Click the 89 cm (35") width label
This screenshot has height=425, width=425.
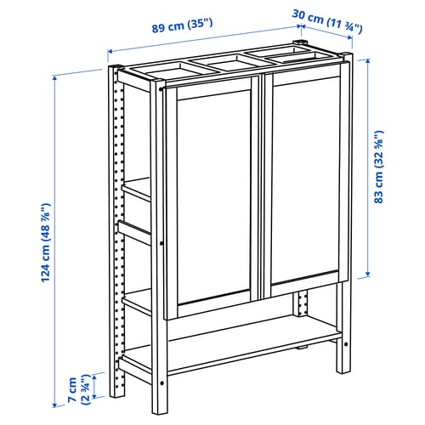[182, 25]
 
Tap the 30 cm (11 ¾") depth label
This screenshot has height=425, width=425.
[327, 21]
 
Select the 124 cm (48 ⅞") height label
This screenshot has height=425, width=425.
[45, 243]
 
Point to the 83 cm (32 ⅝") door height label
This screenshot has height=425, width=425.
[378, 167]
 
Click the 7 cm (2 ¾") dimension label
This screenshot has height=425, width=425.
[78, 389]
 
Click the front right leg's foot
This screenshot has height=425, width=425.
[343, 368]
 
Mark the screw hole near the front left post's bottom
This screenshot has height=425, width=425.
[161, 383]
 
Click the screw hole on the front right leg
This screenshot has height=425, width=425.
[346, 344]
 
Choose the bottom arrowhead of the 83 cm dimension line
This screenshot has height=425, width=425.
[368, 274]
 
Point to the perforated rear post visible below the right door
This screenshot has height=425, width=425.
[301, 303]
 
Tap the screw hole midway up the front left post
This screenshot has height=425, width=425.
[161, 243]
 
